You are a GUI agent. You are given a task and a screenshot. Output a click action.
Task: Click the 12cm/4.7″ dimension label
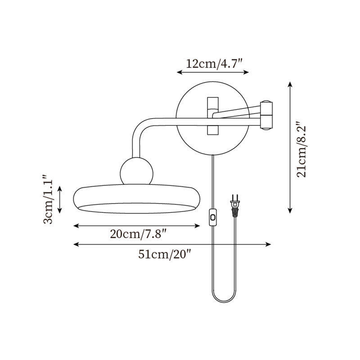(215, 63)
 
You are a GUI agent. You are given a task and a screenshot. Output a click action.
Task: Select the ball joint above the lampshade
(137, 171)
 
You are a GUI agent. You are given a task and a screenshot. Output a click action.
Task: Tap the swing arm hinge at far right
(266, 115)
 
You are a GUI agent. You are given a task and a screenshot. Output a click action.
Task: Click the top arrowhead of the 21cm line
(291, 84)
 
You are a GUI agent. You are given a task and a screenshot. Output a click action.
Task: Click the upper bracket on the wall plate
(212, 104)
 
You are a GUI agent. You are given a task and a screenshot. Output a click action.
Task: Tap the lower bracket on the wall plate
(212, 130)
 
